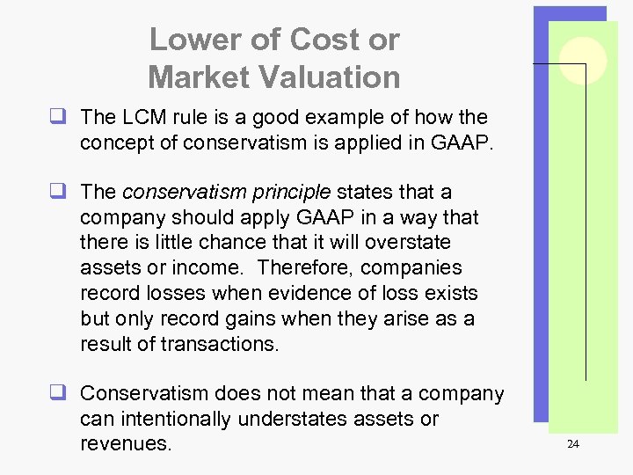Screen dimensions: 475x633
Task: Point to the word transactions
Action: (220, 344)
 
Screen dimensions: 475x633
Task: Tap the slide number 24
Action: (572, 444)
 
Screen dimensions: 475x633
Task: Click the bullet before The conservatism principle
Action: (67, 192)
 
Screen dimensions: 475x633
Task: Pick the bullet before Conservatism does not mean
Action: (67, 393)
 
